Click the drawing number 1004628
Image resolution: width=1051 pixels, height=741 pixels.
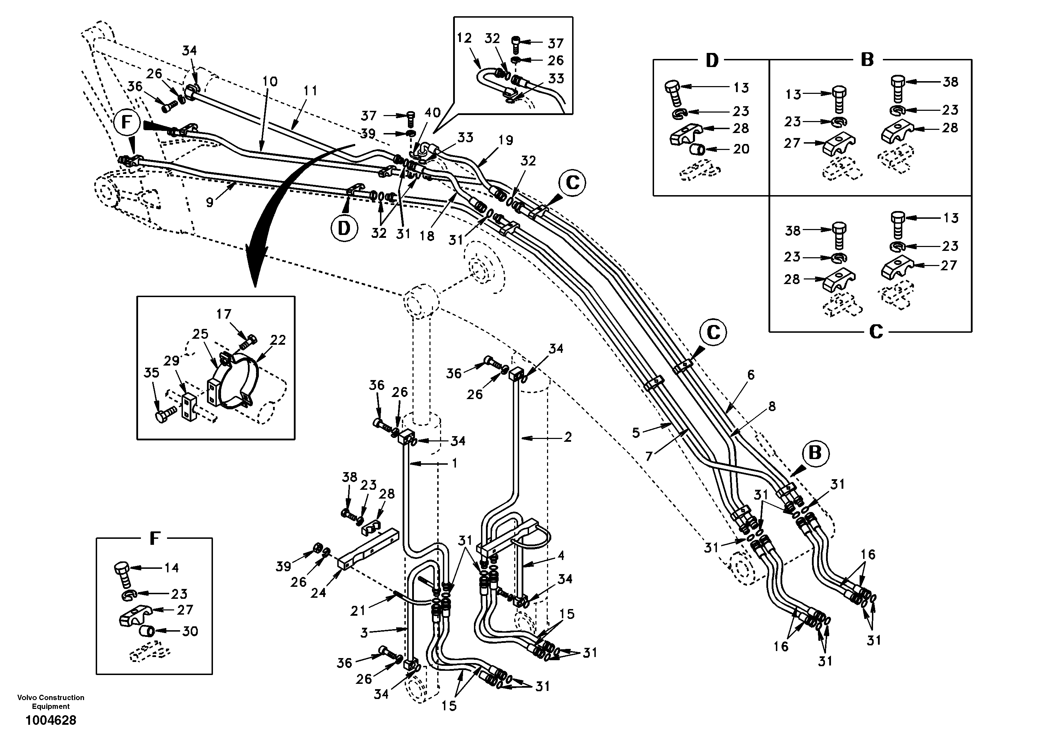click(x=51, y=721)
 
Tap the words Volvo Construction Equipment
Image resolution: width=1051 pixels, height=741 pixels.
click(x=51, y=702)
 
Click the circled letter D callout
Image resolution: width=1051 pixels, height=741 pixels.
click(x=344, y=228)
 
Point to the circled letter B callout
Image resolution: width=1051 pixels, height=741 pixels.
click(x=815, y=453)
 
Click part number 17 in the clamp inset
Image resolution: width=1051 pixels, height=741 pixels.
click(x=224, y=315)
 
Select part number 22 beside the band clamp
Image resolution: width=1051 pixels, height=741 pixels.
click(x=278, y=340)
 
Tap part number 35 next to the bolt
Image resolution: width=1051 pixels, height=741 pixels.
click(x=152, y=372)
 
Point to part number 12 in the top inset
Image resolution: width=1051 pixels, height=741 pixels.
click(x=464, y=38)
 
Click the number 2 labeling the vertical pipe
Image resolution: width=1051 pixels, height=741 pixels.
click(x=568, y=437)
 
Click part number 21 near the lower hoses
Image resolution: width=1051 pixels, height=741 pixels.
click(x=357, y=610)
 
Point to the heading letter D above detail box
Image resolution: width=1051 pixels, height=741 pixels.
click(x=712, y=60)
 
